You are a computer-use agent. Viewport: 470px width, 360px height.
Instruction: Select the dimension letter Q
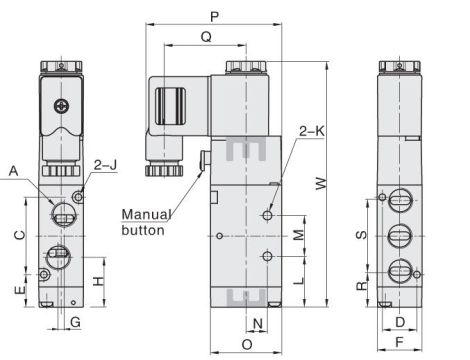click(x=206, y=37)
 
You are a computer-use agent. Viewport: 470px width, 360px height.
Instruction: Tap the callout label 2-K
click(x=311, y=129)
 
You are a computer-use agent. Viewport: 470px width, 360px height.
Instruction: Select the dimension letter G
click(x=75, y=321)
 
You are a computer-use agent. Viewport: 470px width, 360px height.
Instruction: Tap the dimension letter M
click(x=297, y=236)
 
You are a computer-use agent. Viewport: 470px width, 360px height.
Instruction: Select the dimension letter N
click(x=257, y=322)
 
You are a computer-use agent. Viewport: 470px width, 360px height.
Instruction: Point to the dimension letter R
click(x=362, y=285)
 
